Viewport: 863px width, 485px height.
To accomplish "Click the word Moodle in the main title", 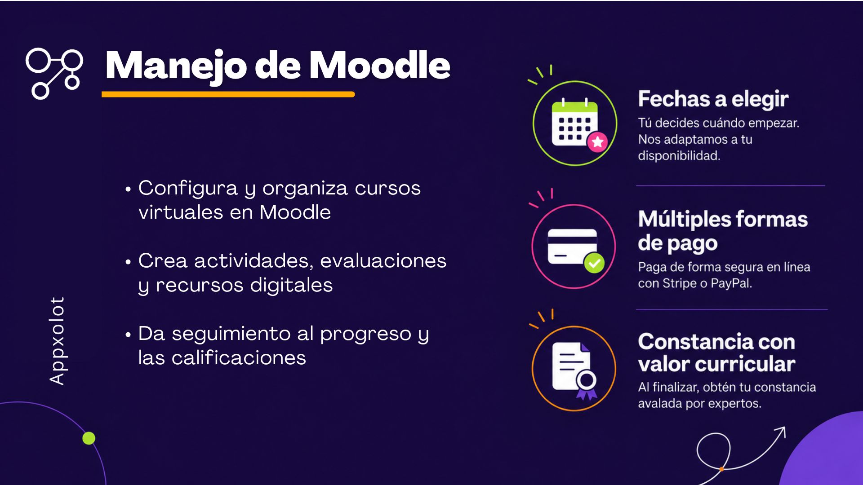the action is tap(380, 66).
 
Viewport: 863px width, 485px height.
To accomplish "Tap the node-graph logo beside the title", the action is tap(54, 73).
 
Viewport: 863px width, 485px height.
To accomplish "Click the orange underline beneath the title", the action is tap(228, 94).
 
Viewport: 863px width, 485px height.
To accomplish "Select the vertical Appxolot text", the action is tap(58, 341).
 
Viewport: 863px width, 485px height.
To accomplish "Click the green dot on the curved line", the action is tap(89, 438).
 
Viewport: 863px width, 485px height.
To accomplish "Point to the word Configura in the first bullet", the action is tap(188, 189).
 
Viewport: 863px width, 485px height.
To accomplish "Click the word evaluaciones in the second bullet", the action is tap(383, 261).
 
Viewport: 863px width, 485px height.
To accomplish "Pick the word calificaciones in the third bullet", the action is tap(239, 358).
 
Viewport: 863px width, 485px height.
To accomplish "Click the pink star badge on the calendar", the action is tap(597, 142).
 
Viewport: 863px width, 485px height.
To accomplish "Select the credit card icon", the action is tap(573, 247).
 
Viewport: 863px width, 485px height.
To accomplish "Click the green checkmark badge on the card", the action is tap(594, 263).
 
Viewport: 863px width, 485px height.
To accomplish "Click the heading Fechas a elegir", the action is tap(713, 99).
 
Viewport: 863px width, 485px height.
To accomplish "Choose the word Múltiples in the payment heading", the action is tap(684, 220).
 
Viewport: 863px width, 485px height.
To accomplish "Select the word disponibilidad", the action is tap(679, 156).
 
